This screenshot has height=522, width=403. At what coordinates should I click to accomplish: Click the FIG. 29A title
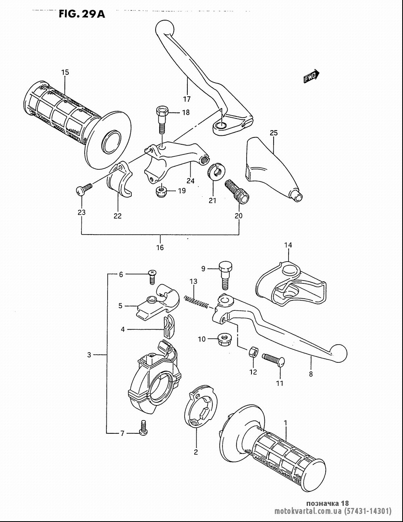pos(82,14)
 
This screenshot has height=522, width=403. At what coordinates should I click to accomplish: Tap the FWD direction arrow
pos(311,77)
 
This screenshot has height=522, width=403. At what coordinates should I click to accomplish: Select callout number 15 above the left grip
pos(65,72)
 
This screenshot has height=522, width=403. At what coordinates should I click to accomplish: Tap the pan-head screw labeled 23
pos(84,189)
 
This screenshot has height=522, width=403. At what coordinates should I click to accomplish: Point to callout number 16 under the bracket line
pos(160,247)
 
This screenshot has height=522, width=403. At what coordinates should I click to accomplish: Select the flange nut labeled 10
pos(223,339)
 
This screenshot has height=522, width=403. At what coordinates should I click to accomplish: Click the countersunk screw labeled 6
pos(152,277)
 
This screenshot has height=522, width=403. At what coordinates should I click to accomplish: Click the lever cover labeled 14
pos(291,284)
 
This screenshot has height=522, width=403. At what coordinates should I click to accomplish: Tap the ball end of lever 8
pos(338,354)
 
